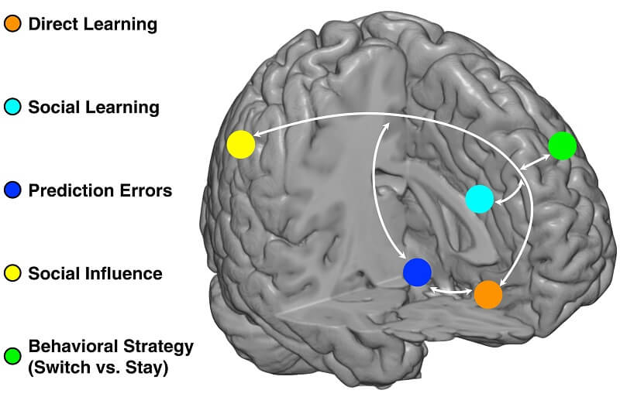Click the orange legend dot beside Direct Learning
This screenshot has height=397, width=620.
(13, 24)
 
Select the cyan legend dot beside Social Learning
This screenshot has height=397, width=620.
(13, 107)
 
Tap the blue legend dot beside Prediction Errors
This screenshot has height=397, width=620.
(13, 190)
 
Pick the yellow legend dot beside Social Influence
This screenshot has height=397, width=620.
(13, 273)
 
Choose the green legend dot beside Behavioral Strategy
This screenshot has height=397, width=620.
(13, 356)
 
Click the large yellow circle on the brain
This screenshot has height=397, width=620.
(241, 145)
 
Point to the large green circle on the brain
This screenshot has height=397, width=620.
(562, 145)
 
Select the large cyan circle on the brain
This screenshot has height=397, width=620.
(480, 199)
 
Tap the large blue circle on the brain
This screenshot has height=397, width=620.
(417, 272)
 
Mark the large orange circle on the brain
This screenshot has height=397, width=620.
(487, 294)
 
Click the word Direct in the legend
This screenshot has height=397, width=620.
(51, 24)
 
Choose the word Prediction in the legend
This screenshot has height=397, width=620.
(67, 190)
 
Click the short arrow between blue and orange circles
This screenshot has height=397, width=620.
(452, 291)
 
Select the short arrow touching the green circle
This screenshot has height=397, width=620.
(536, 161)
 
